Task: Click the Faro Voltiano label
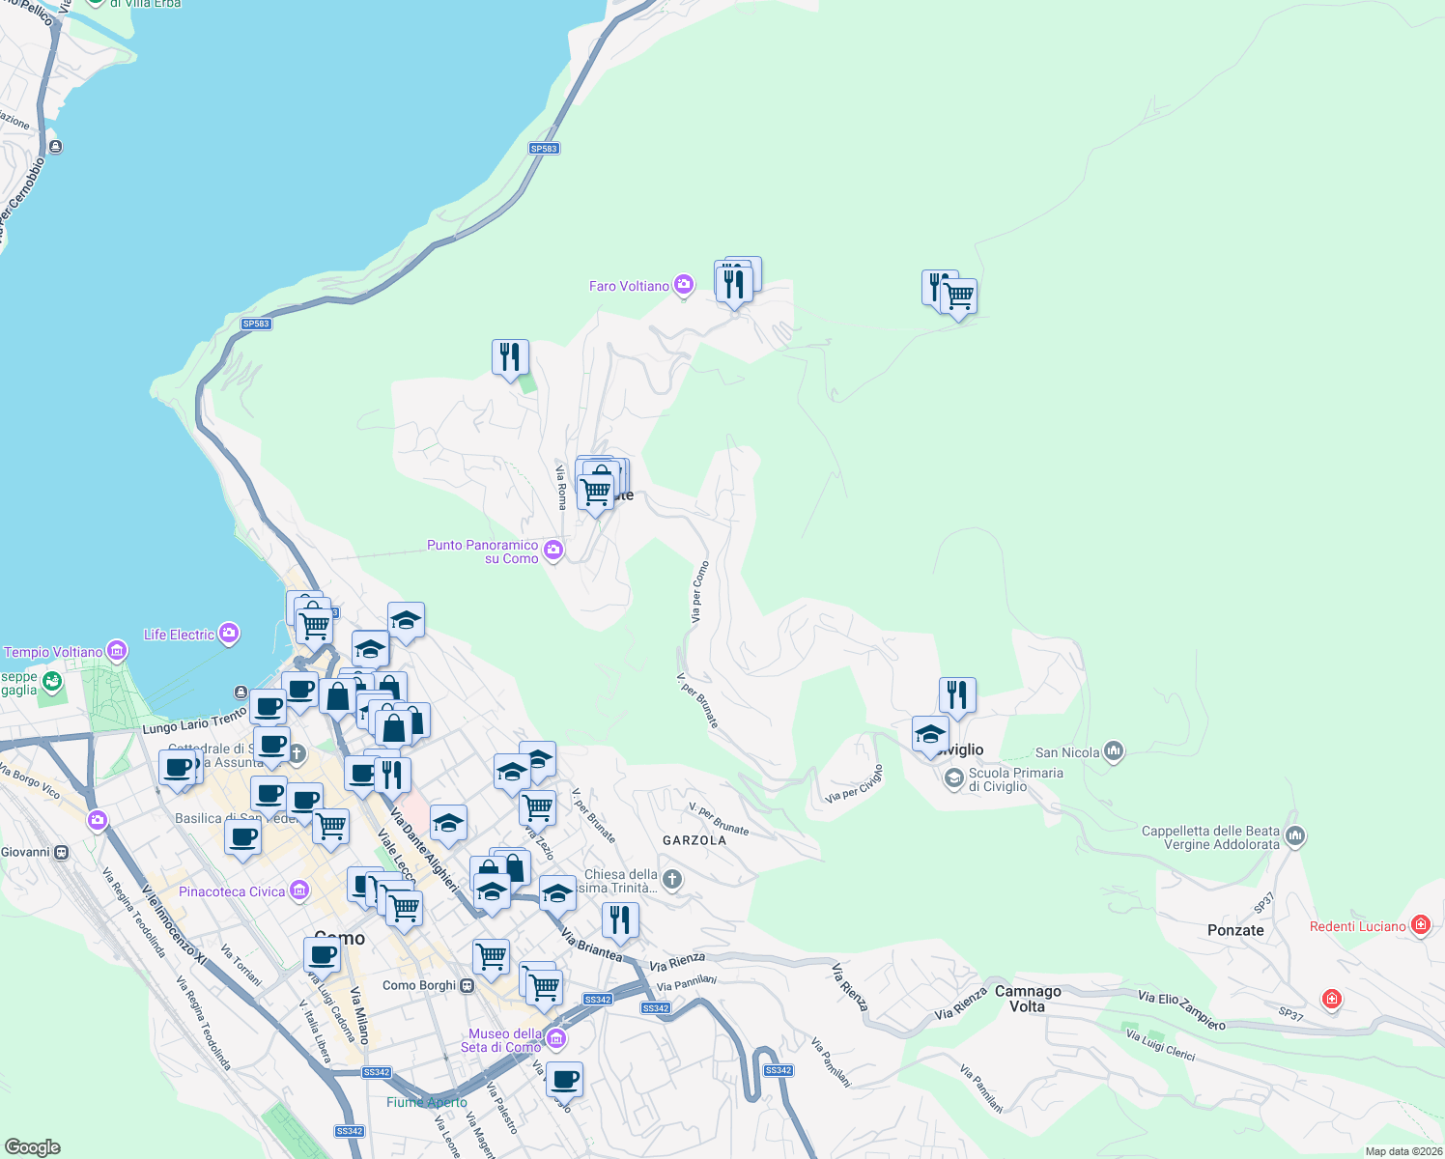point(629,286)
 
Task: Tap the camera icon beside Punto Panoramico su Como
point(553,551)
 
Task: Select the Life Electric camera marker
point(229,634)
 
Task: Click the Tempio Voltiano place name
point(53,652)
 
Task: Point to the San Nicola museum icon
point(1114,751)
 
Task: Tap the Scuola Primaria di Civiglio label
point(1015,779)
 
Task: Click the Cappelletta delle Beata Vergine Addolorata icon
point(1295,835)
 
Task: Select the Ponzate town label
point(1235,930)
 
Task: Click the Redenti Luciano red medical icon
point(1420,925)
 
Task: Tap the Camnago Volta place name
point(1028,999)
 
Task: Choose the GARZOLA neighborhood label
point(694,840)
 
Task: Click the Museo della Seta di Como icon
point(555,1039)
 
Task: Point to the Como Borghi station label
point(419,985)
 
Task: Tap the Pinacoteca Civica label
point(232,891)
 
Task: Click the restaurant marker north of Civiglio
point(957,694)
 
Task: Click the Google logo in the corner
point(33,1147)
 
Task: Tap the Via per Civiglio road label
point(855,785)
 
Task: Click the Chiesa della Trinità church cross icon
point(673,879)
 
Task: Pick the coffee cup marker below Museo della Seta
point(564,1079)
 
